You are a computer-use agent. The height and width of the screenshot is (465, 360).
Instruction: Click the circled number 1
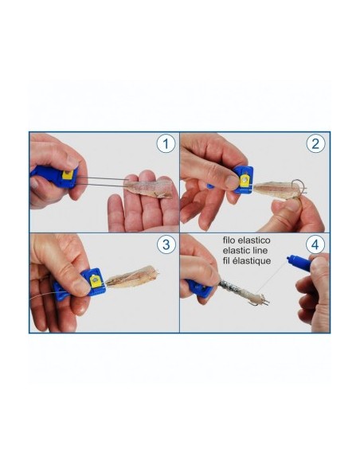click(166, 144)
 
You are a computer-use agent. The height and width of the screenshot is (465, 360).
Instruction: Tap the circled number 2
click(315, 144)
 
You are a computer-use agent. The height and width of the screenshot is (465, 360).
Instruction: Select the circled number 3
click(166, 244)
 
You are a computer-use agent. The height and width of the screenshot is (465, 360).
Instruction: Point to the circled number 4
click(315, 244)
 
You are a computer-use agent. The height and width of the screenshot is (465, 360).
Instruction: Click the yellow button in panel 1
click(68, 174)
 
